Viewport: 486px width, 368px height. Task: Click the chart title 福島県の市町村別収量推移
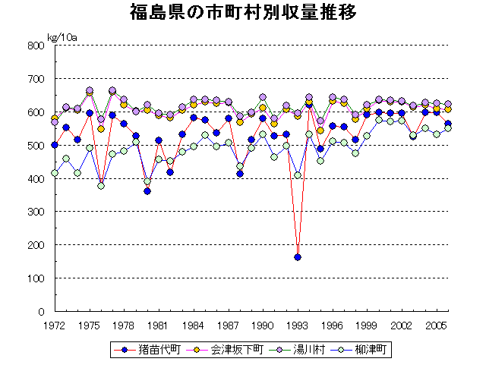pyautogui.click(x=242, y=14)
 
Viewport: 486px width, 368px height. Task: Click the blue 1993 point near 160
pyautogui.click(x=298, y=257)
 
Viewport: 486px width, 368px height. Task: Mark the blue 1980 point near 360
pyautogui.click(x=147, y=191)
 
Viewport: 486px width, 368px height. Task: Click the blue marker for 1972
pyautogui.click(x=55, y=145)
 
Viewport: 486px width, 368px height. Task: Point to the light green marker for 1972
pyautogui.click(x=55, y=173)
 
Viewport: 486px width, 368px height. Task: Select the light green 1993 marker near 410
pyautogui.click(x=298, y=175)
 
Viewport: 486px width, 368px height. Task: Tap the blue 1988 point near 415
pyautogui.click(x=240, y=174)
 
